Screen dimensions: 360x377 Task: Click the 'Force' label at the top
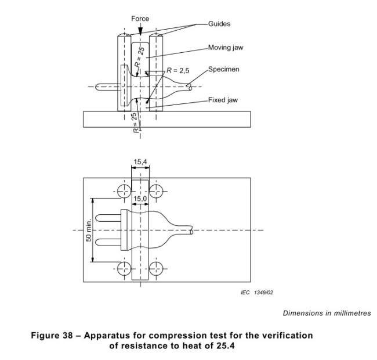coord(140,19)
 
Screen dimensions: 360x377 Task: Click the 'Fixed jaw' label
coord(223,100)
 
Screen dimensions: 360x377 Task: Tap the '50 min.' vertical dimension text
coord(89,231)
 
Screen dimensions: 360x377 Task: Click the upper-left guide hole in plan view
coord(124,190)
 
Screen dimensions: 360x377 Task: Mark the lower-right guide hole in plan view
coord(156,268)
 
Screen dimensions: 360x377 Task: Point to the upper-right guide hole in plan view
coord(156,190)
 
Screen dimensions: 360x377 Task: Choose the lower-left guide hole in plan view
coord(124,268)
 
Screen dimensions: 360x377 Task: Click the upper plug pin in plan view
coord(108,219)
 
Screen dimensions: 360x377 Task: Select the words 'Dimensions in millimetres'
coord(327,314)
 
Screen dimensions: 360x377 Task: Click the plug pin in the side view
coord(107,87)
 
